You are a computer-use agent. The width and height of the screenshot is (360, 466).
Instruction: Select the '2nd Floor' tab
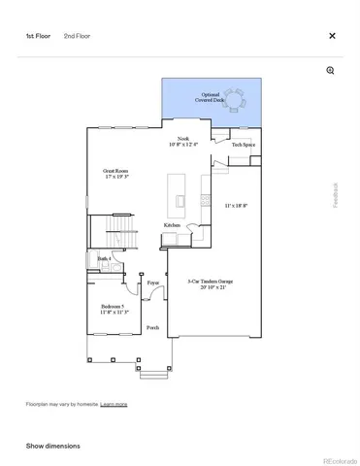tap(78, 36)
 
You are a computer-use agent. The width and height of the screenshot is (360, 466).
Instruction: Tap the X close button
tap(332, 36)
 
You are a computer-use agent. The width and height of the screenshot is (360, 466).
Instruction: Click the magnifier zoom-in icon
tap(331, 71)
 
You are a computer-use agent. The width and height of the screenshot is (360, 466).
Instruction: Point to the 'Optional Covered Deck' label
tap(211, 98)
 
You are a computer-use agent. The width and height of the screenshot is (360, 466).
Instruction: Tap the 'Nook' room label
tap(181, 139)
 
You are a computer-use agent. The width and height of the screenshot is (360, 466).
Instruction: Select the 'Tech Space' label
tap(243, 145)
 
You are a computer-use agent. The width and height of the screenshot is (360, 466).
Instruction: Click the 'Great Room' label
tap(116, 171)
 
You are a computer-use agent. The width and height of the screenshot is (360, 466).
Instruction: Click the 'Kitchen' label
tap(172, 225)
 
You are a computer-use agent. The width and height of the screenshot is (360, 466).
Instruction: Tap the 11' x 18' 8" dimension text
tap(236, 205)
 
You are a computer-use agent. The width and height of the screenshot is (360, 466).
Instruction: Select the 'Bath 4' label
tap(104, 258)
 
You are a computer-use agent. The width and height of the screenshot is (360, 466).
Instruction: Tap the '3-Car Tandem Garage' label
tap(210, 282)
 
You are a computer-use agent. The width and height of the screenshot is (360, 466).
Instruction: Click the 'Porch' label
tap(152, 328)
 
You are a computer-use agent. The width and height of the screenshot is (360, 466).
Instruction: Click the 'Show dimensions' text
tap(52, 446)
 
